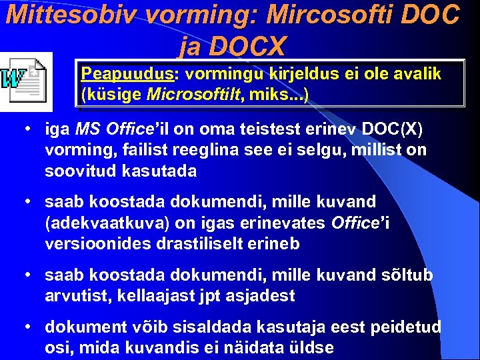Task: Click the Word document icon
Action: click(x=25, y=81)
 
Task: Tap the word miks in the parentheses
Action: click(x=265, y=95)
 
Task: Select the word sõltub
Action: click(x=408, y=275)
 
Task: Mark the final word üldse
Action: click(x=311, y=347)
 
